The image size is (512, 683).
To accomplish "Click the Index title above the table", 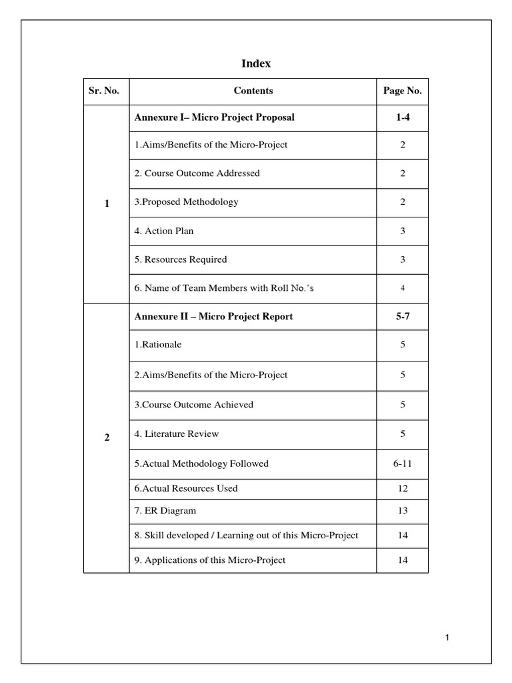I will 255,64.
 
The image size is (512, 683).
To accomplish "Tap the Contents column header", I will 253,91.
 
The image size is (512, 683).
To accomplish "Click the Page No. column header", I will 402,91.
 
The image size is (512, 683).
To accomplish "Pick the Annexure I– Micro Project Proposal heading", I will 214,117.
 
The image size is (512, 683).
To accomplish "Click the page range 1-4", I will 402,117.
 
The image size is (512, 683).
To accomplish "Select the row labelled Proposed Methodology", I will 186,201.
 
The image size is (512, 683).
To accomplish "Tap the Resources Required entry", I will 180,259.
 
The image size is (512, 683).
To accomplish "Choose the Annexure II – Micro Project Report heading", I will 213,316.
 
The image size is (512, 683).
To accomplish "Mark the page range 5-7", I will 402,316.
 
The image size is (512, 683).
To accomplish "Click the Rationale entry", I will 157,345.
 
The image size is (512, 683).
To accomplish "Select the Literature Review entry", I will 176,434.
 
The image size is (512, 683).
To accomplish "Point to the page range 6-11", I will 402,463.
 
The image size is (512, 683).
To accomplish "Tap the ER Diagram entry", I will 165,511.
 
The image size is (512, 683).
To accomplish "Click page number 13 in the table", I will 402,511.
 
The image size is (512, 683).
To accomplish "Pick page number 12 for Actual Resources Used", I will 402,488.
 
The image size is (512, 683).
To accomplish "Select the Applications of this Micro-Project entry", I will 209,560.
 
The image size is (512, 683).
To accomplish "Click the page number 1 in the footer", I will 448,639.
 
